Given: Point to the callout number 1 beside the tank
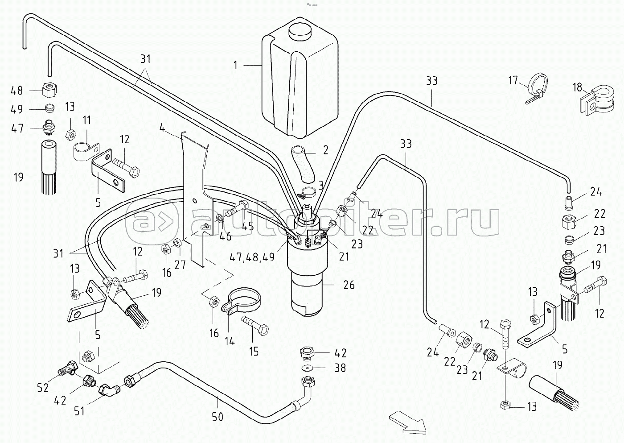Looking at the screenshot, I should click(235, 65).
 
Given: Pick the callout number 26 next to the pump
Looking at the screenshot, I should click(349, 285).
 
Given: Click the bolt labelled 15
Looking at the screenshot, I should click(255, 326).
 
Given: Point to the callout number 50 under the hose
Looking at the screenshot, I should click(218, 417).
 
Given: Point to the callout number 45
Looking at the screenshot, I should click(247, 227).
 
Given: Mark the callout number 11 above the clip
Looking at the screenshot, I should click(86, 120).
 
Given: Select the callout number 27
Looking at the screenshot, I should click(179, 265).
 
